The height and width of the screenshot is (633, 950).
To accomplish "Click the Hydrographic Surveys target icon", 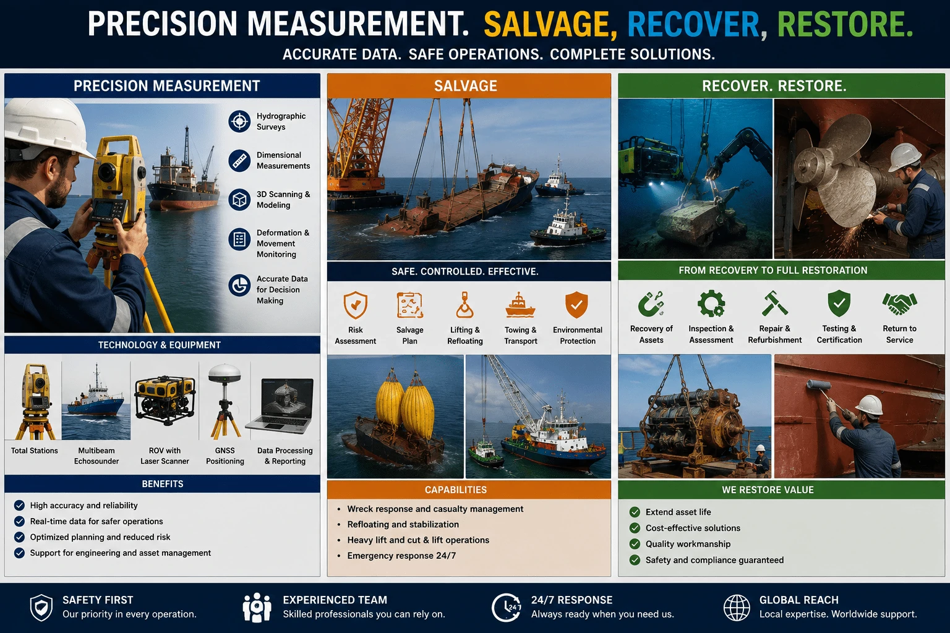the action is click(239, 121).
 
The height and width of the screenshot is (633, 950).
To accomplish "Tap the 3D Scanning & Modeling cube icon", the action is click(239, 200).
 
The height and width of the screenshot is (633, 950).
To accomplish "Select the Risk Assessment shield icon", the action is click(356, 305).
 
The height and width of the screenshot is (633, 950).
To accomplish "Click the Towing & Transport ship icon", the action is click(520, 305).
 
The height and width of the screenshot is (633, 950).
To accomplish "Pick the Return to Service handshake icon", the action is click(899, 304).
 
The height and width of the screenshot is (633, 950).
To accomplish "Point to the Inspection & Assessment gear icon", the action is click(711, 304).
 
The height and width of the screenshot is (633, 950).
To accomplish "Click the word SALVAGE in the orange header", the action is click(465, 86).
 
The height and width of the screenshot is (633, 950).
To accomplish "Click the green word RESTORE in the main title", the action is click(845, 24).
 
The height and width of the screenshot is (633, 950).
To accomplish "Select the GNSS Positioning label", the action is click(225, 456).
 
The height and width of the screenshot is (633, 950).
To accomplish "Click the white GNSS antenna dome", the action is click(225, 373).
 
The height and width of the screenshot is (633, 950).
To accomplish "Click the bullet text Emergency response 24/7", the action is click(401, 556).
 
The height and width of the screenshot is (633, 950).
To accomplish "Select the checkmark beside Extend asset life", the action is click(635, 512).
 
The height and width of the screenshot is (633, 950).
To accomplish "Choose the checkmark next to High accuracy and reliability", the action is click(19, 506).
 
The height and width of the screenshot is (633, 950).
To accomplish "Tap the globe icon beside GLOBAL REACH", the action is click(737, 608).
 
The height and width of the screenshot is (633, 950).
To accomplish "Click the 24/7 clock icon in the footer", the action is click(507, 608).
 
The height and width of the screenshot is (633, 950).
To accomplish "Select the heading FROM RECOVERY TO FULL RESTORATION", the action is click(772, 271).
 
